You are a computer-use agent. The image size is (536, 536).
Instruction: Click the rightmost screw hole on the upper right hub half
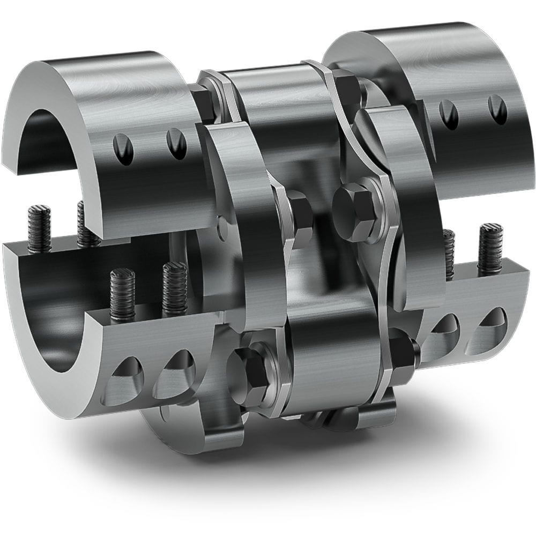[x=497, y=109]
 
